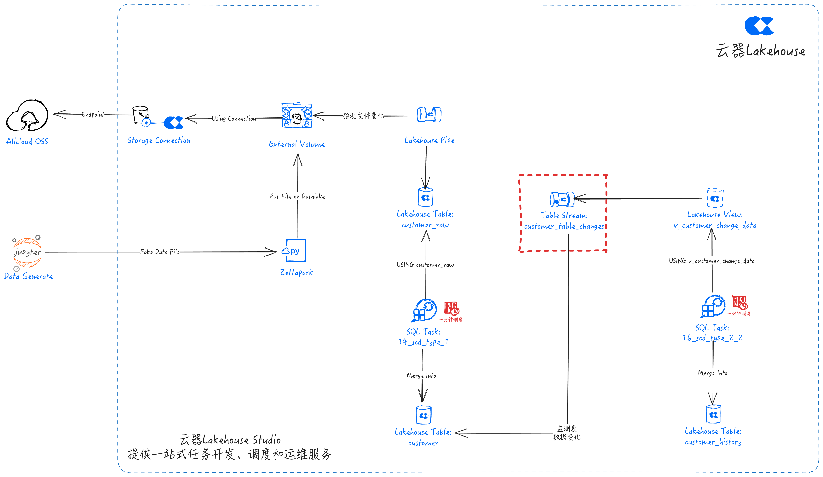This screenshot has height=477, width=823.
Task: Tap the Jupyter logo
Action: tap(27, 252)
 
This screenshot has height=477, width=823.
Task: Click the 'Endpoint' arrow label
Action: tap(93, 114)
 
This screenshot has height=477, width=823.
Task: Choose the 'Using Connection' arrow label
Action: tap(234, 118)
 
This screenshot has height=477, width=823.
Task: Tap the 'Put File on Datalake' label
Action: tap(297, 196)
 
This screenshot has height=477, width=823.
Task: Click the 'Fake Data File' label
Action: tap(160, 252)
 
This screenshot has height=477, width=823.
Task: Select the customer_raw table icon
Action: tap(426, 197)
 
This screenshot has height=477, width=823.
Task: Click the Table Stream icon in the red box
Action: tap(562, 199)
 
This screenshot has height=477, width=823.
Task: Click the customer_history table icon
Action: tap(714, 415)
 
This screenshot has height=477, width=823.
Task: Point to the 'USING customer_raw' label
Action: tap(425, 265)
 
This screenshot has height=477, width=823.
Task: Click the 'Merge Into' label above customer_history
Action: tap(713, 373)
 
